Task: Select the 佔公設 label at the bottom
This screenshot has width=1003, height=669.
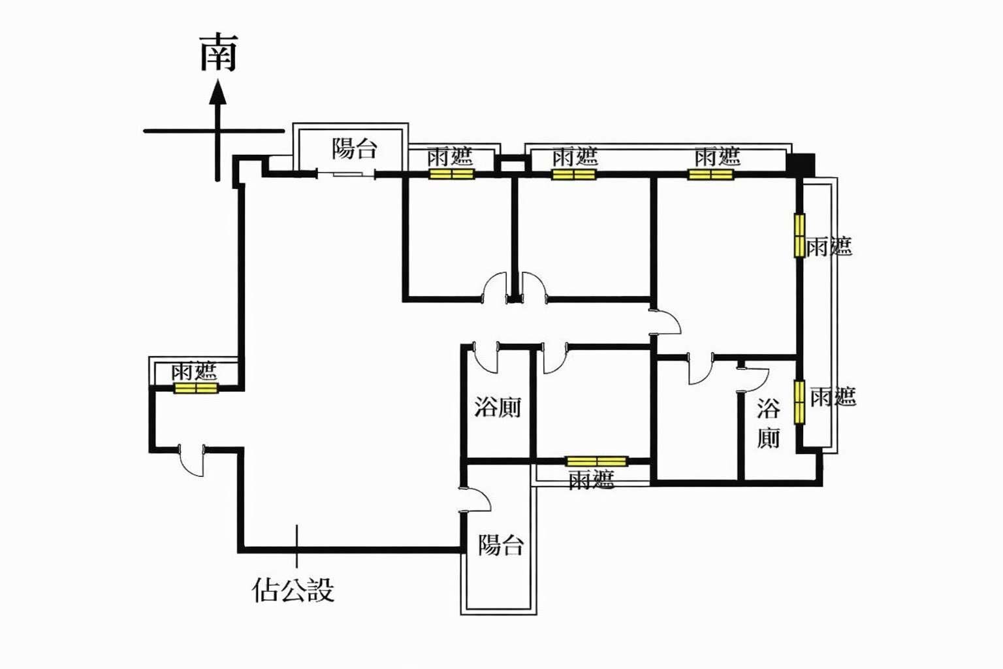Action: click(293, 589)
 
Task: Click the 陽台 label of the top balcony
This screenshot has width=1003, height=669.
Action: click(355, 148)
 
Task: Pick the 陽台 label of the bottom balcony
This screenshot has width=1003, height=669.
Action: click(501, 544)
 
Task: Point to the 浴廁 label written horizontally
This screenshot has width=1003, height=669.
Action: click(498, 408)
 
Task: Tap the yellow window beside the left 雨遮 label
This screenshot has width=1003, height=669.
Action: click(195, 388)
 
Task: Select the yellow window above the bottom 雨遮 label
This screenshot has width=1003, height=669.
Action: click(596, 461)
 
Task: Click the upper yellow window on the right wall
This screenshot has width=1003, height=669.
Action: click(799, 235)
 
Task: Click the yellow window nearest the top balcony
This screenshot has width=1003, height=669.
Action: click(451, 174)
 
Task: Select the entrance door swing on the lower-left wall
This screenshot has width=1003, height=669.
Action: click(191, 461)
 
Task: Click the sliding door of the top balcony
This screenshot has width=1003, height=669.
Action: click(346, 174)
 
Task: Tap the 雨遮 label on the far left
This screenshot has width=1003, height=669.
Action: click(194, 372)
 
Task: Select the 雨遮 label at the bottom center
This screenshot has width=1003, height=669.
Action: click(591, 480)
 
